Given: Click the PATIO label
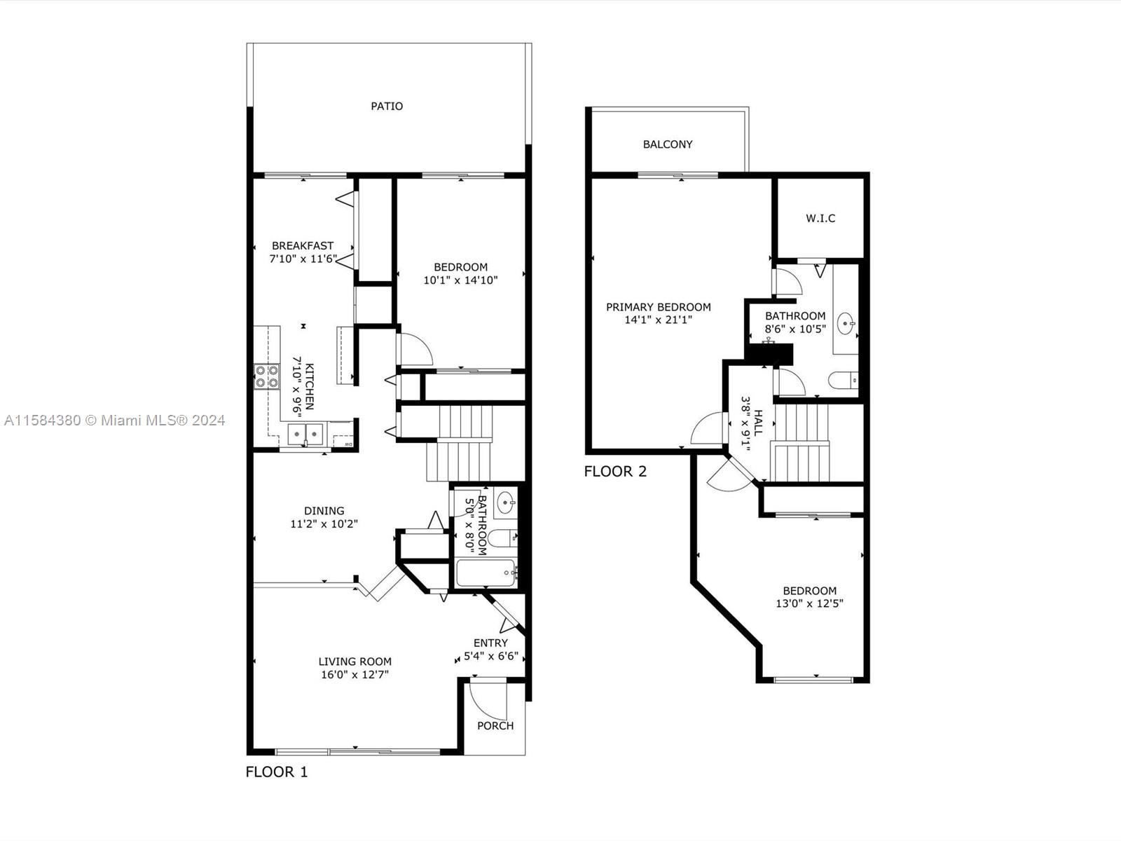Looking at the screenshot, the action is tap(387, 107).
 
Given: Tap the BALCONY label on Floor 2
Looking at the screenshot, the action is tap(668, 144).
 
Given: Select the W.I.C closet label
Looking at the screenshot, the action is tap(820, 219).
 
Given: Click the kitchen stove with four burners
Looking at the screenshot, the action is tap(267, 377).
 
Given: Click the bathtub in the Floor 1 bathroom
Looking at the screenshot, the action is tap(486, 573).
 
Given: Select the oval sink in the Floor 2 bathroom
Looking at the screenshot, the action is tap(846, 324).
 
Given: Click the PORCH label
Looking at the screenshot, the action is tap(495, 725).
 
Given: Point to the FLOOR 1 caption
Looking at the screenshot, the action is tap(277, 772).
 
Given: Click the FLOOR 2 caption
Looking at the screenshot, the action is tap(615, 471).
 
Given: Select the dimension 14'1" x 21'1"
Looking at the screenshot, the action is tap(659, 320).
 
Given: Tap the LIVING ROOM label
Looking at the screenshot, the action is tap(355, 662).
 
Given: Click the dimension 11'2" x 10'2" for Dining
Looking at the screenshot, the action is tap(324, 524).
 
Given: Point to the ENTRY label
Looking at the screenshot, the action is tap(491, 643).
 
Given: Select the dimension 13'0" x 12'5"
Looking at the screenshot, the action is tap(809, 603).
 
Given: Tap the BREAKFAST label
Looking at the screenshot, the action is tap(303, 245).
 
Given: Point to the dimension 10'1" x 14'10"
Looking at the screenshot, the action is tap(460, 280).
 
